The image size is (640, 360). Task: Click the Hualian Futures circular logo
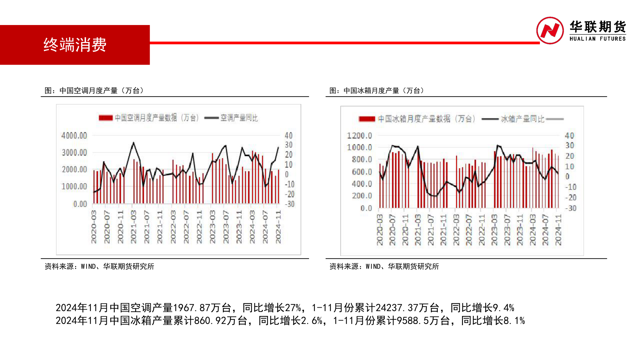(x=550, y=30)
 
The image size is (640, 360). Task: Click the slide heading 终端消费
(x=75, y=45)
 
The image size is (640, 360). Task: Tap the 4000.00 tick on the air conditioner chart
(x=74, y=136)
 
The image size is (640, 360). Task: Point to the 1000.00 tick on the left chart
(x=74, y=186)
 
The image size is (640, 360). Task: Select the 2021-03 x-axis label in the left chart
(x=133, y=227)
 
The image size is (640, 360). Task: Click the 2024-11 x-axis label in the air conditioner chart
(x=278, y=227)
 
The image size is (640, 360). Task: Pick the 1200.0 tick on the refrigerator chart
(x=359, y=136)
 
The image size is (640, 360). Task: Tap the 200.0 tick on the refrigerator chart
(x=362, y=196)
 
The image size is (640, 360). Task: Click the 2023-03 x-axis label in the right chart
(x=494, y=230)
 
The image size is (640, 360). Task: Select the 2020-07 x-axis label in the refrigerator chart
(x=392, y=230)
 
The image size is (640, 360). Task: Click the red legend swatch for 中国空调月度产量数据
(x=106, y=118)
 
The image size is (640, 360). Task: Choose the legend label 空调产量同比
(x=239, y=118)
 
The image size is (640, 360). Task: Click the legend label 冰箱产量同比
(x=522, y=119)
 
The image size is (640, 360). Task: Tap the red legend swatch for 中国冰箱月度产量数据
(x=367, y=119)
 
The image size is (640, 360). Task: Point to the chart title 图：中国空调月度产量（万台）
(x=94, y=91)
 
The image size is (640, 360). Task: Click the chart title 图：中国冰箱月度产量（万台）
(x=377, y=91)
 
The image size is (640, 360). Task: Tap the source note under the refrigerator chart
(x=384, y=266)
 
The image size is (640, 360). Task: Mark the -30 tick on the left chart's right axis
(x=290, y=204)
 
